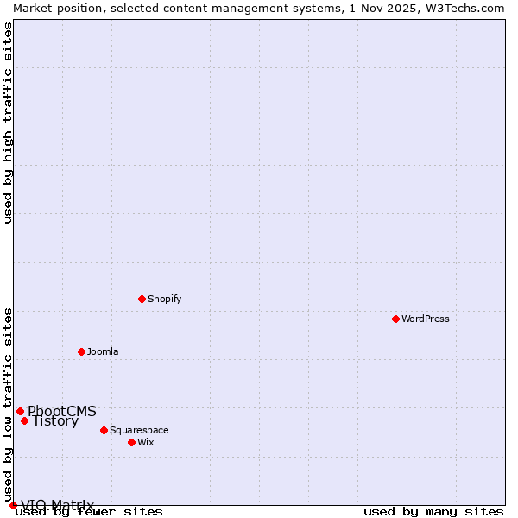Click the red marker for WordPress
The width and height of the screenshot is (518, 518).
(395, 319)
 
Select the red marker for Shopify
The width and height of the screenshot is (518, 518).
(142, 299)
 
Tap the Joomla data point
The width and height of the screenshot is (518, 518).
(81, 351)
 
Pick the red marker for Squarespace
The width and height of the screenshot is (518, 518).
(104, 430)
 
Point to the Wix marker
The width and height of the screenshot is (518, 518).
(131, 442)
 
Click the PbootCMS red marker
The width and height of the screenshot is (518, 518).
(20, 411)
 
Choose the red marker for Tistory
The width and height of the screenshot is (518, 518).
(24, 420)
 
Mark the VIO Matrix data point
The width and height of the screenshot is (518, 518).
(13, 505)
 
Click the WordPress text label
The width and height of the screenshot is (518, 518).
(426, 319)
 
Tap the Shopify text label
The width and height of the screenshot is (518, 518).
(164, 299)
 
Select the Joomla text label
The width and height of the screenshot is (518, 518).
(103, 351)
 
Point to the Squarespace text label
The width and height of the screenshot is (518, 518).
(139, 430)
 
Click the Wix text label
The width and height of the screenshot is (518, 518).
(145, 442)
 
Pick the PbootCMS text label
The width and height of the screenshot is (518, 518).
(62, 411)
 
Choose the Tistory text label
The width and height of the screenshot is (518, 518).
(55, 421)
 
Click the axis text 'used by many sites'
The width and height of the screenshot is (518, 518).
(433, 511)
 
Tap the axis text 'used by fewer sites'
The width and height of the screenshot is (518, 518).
(89, 511)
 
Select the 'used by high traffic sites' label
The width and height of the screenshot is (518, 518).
(8, 122)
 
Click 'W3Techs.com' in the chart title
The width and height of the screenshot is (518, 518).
(463, 8)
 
